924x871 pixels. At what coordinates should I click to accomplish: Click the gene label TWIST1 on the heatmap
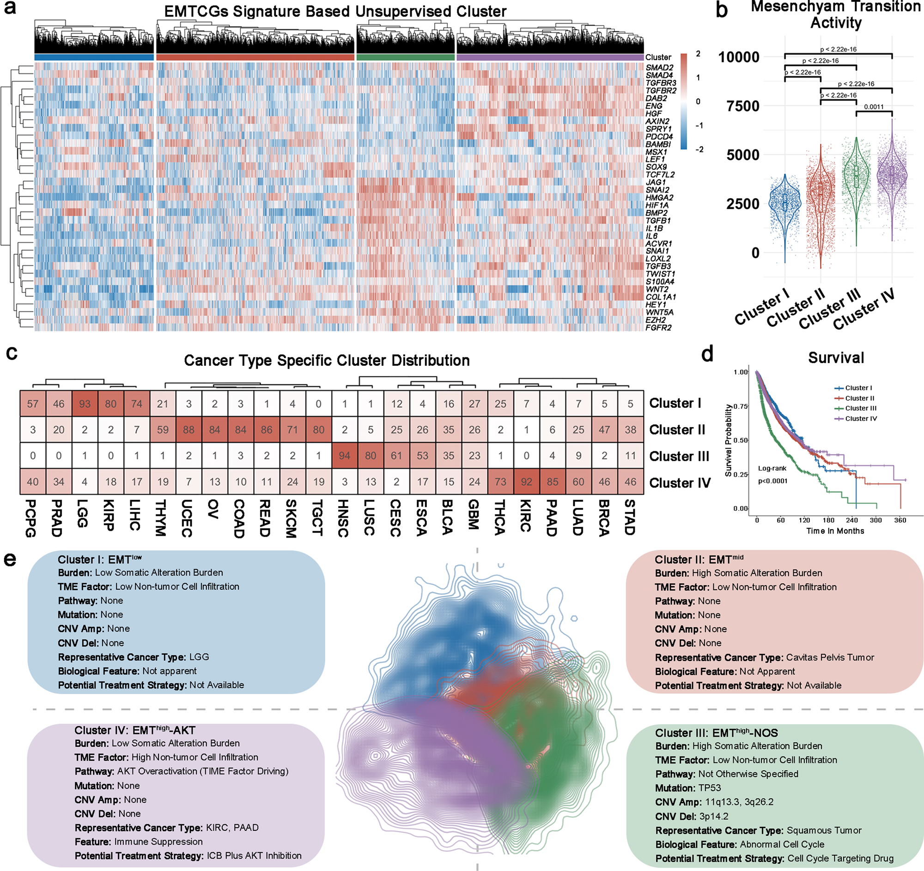(660, 274)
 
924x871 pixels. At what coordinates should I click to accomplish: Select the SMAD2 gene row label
(659, 68)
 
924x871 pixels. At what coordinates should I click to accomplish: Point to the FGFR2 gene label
(658, 327)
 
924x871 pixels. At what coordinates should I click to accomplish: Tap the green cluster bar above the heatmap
(405, 57)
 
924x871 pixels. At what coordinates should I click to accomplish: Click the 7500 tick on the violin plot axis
(742, 106)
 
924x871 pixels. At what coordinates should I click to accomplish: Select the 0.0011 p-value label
(873, 107)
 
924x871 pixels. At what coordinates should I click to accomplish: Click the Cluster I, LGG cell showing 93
(85, 404)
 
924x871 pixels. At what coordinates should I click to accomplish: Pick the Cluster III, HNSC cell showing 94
(344, 456)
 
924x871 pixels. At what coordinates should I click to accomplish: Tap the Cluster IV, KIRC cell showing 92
(526, 482)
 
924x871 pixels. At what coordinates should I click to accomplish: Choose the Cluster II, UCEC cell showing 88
(188, 429)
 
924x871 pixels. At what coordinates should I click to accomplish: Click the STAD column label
(630, 518)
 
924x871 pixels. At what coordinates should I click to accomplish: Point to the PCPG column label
(31, 519)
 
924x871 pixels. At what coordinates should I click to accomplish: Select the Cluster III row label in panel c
(679, 456)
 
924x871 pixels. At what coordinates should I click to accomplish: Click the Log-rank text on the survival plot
(772, 468)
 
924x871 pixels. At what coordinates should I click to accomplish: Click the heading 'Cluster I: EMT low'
(99, 559)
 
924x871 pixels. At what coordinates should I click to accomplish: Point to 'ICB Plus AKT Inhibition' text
(254, 856)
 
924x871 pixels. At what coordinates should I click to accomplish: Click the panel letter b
(721, 11)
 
